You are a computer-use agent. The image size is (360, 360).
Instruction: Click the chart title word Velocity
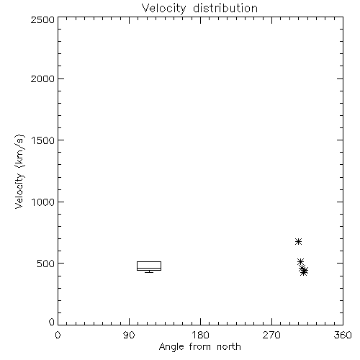tap(163, 9)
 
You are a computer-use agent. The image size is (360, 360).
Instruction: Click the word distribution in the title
tap(225, 8)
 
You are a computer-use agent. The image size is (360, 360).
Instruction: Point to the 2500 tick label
tap(42, 19)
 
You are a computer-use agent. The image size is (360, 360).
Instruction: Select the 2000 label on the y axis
tap(42, 78)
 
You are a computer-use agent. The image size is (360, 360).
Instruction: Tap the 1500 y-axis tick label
tap(43, 140)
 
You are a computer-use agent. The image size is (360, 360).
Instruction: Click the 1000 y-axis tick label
tap(43, 202)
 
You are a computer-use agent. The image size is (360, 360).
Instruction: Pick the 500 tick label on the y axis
tap(46, 264)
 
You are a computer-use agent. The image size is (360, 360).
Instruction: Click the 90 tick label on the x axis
tap(129, 335)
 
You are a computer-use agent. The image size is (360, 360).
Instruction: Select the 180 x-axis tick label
tap(200, 335)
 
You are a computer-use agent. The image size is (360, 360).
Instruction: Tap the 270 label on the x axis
tap(271, 335)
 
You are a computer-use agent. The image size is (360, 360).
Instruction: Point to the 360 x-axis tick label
tap(343, 335)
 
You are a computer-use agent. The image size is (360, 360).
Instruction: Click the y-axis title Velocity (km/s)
tap(19, 171)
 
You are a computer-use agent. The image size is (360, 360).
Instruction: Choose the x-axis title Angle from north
tap(200, 347)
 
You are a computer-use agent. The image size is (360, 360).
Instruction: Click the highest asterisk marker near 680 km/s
tap(298, 241)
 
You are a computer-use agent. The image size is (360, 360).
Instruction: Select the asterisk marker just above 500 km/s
tap(300, 261)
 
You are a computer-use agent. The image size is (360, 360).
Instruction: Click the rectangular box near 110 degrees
tap(149, 261)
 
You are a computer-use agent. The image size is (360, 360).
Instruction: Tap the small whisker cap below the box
tap(149, 272)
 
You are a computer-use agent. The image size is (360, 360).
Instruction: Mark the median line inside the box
tap(149, 268)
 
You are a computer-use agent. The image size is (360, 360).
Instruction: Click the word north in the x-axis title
tap(229, 347)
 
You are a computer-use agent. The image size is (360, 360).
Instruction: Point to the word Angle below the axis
tap(171, 348)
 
